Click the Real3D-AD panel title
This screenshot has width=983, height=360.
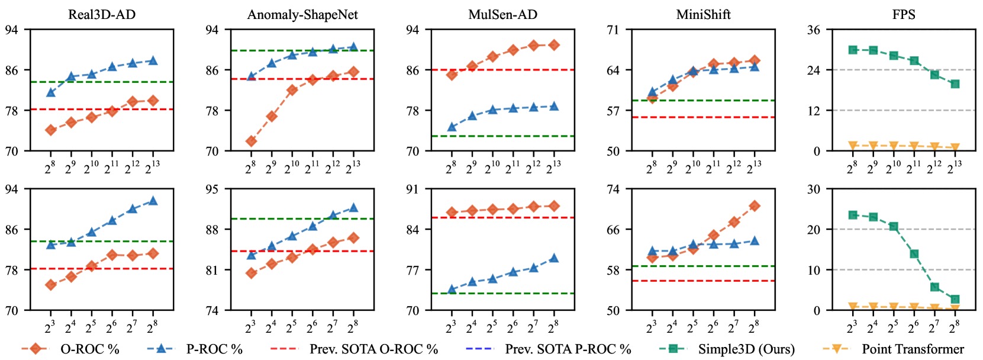[x=102, y=14]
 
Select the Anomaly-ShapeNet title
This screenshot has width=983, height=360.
[x=302, y=14]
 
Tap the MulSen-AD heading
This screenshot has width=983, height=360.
[x=502, y=14]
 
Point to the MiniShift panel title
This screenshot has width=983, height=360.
[x=703, y=14]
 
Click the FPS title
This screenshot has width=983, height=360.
[x=903, y=14]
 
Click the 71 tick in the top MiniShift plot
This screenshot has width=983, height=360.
[x=613, y=30]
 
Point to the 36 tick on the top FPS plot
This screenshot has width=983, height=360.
[x=813, y=30]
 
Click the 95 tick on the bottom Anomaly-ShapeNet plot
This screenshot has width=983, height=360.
[x=211, y=189]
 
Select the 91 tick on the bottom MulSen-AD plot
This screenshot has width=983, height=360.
[x=412, y=189]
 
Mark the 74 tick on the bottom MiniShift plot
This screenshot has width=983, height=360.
[x=613, y=189]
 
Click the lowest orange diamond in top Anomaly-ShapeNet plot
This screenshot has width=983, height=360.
[x=251, y=141]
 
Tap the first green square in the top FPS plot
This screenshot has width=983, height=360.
[x=853, y=50]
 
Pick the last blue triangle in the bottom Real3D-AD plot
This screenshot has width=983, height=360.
[x=153, y=201]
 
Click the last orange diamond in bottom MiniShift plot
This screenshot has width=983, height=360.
[x=754, y=206]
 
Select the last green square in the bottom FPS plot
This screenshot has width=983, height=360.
[x=955, y=300]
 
